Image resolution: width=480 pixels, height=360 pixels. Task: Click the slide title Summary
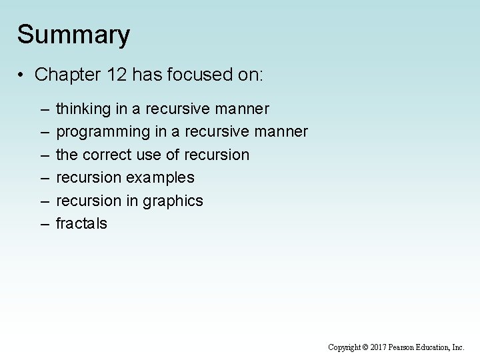click(73, 35)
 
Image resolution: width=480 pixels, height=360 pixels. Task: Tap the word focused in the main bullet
click(200, 74)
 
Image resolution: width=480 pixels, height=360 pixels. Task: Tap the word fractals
click(81, 223)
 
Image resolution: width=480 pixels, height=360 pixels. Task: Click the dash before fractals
click(44, 224)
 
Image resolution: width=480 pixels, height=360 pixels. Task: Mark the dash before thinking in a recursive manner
click(44, 109)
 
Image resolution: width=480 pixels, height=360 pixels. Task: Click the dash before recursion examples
click(44, 178)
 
